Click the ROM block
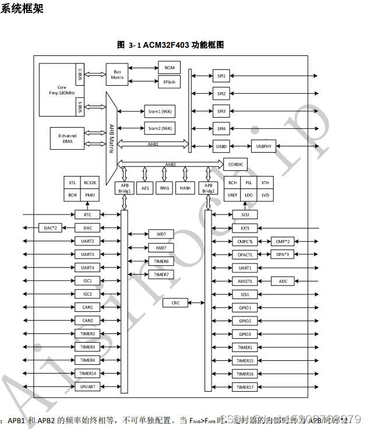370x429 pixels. (x=169, y=69)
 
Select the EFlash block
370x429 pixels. (x=169, y=82)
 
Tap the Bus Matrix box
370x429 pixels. (x=117, y=75)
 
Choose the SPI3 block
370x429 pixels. (x=221, y=111)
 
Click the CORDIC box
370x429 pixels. (x=236, y=165)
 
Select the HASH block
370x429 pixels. (x=185, y=188)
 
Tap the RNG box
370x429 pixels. (x=165, y=188)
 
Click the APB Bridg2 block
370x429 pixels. (x=209, y=188)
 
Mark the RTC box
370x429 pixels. (x=87, y=214)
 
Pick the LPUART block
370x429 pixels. (x=87, y=387)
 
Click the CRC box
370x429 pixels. (x=175, y=303)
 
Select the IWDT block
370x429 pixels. (x=161, y=248)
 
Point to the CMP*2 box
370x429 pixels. (x=283, y=241)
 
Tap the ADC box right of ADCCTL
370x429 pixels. (x=283, y=281)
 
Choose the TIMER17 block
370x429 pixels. (x=245, y=387)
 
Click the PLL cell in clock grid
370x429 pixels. (x=249, y=183)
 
